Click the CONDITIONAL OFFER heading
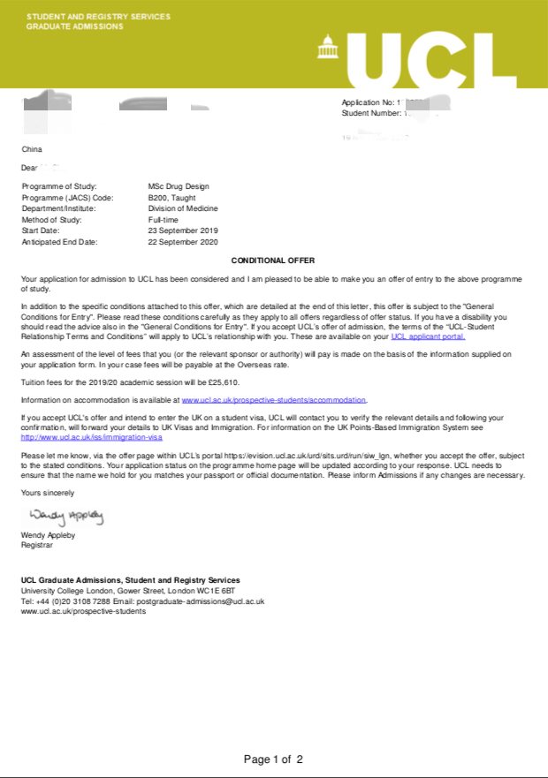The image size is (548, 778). (x=273, y=261)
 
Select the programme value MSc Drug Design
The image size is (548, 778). (x=179, y=187)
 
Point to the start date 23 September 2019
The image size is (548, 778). (x=182, y=230)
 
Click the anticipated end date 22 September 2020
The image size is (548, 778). (x=182, y=241)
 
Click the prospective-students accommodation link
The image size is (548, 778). (x=274, y=399)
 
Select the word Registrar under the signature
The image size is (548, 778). (x=37, y=545)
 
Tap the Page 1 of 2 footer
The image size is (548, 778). (x=273, y=759)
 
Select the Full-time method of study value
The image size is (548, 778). (x=164, y=220)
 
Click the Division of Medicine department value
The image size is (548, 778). (x=182, y=208)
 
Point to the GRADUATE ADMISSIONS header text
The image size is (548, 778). (x=75, y=26)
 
